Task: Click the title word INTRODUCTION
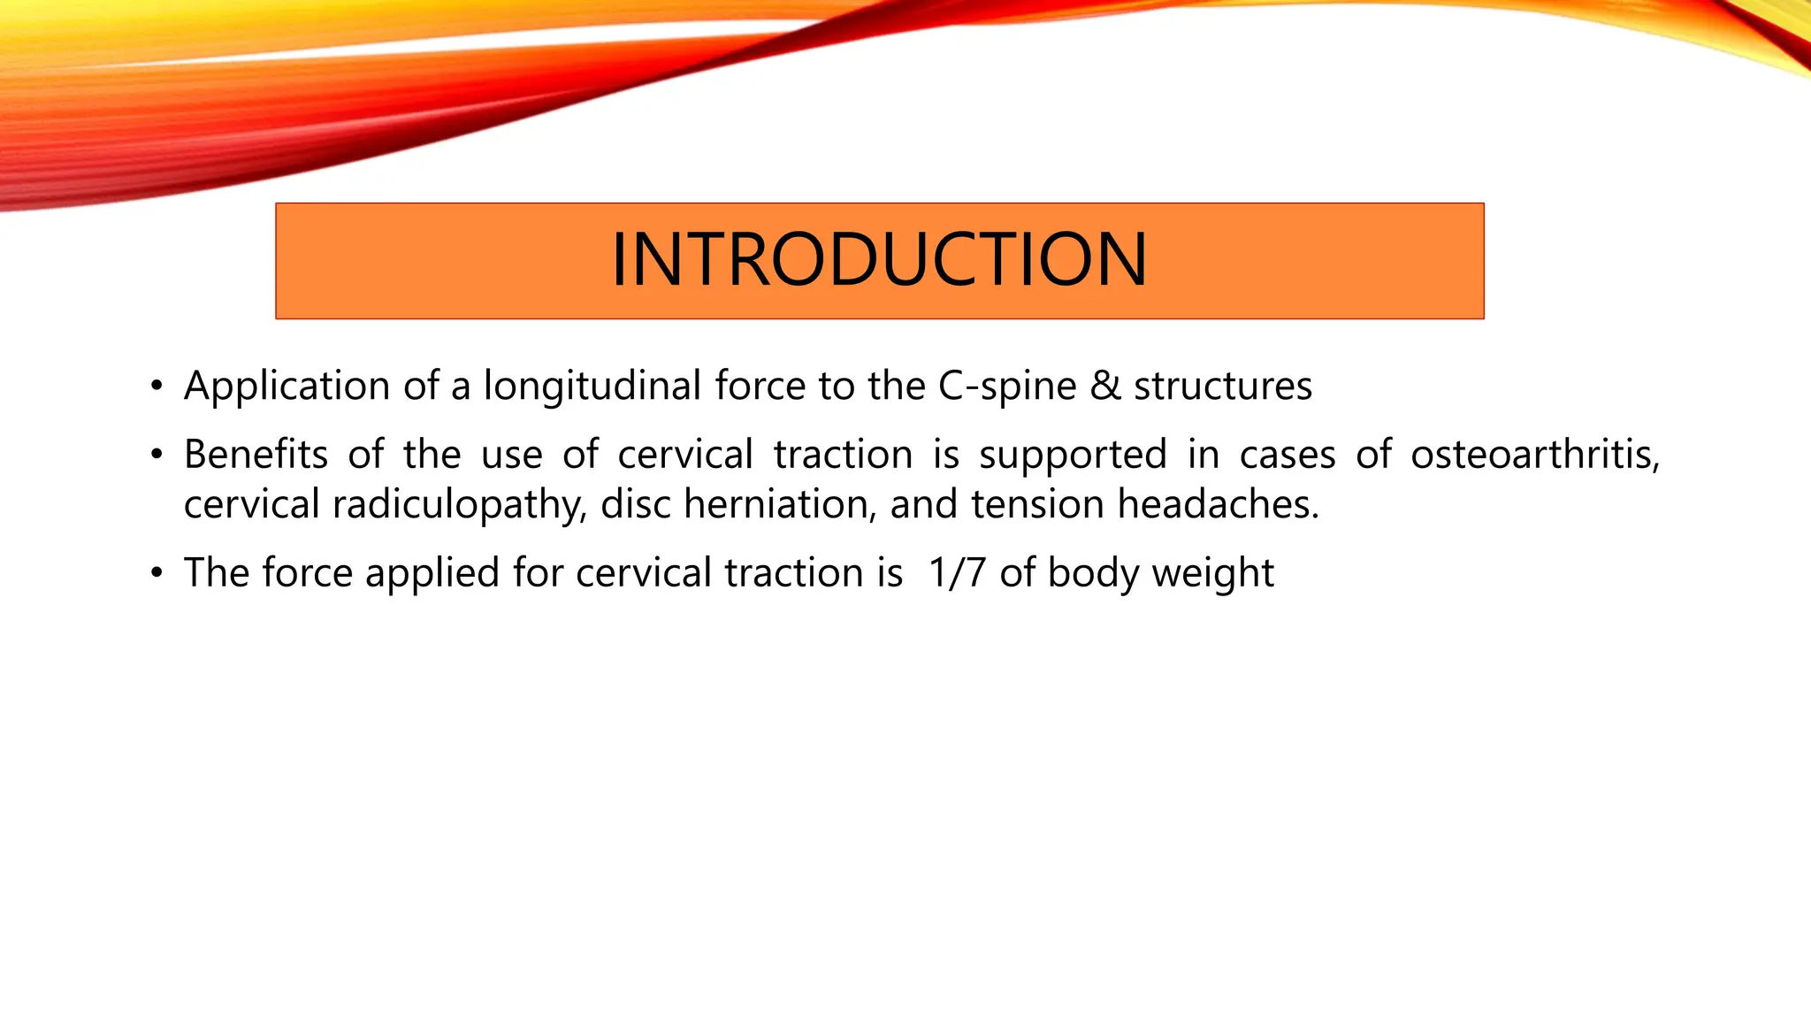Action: (x=879, y=260)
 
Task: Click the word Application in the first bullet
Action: (x=287, y=387)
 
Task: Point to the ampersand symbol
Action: (x=1105, y=387)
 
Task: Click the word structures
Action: (x=1223, y=387)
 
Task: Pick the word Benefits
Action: (x=256, y=455)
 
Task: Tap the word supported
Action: (x=1073, y=455)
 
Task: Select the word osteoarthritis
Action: (x=1534, y=455)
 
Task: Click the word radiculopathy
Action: (x=459, y=505)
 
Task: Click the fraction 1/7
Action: (x=957, y=572)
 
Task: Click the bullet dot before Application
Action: (x=157, y=387)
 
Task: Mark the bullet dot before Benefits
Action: (x=157, y=455)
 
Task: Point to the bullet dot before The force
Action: (x=157, y=573)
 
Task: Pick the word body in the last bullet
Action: (x=1094, y=573)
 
